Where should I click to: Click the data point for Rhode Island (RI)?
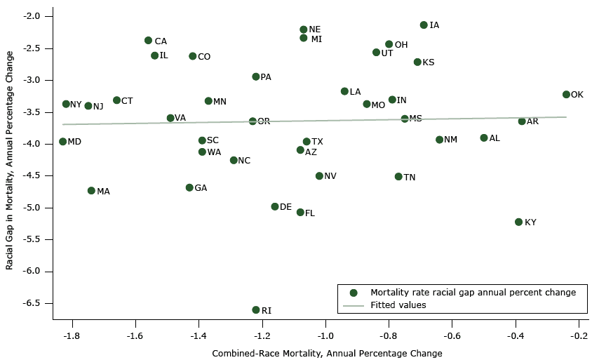click(256, 309)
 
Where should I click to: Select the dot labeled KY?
click(519, 222)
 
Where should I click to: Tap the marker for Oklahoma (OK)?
click(566, 94)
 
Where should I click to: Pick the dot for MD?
click(62, 142)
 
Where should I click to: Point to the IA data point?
click(424, 25)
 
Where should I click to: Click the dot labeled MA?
click(91, 191)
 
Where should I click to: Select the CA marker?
click(148, 41)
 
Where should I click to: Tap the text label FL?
click(310, 213)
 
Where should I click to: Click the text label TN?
click(410, 178)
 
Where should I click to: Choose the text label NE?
click(315, 29)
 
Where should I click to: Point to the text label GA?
click(201, 188)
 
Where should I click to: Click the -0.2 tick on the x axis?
click(579, 335)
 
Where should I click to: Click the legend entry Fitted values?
click(398, 305)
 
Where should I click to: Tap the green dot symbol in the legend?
click(354, 293)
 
